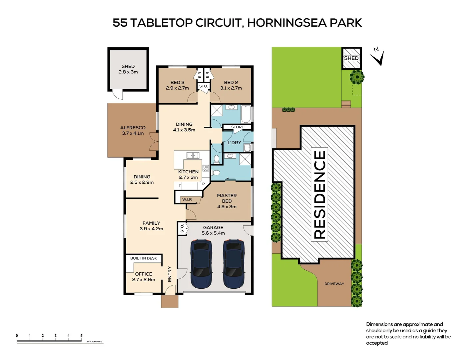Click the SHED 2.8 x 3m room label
click(128, 69)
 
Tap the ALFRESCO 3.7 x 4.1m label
click(133, 130)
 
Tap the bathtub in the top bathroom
click(245, 114)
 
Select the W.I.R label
click(187, 199)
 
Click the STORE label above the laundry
click(237, 127)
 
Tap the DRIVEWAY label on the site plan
click(334, 284)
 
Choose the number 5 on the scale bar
click(81, 336)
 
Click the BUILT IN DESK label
click(144, 258)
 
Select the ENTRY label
click(170, 274)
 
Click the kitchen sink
click(193, 155)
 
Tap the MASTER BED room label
click(227, 201)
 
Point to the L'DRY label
click(234, 142)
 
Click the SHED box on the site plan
click(351, 58)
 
